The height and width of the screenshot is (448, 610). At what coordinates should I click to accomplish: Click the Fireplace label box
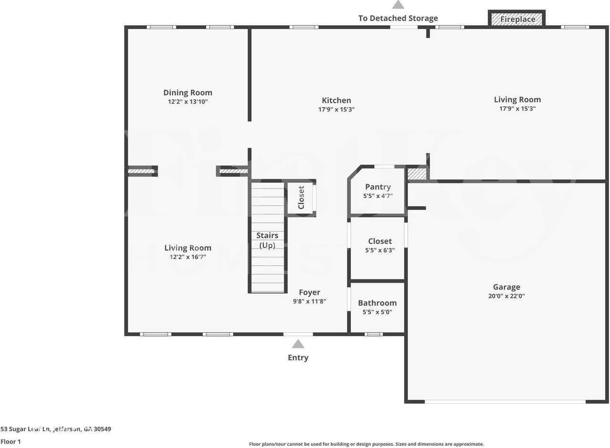(x=517, y=19)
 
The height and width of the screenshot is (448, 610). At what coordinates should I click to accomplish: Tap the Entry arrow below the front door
(x=298, y=344)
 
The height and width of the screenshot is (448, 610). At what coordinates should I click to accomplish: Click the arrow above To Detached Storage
(x=398, y=5)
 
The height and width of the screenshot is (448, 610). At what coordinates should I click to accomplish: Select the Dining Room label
(x=188, y=92)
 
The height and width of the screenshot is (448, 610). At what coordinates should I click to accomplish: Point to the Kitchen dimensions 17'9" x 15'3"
(x=336, y=110)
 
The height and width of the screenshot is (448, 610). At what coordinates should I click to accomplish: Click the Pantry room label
(x=378, y=187)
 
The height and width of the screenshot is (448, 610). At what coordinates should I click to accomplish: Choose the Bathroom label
(x=377, y=303)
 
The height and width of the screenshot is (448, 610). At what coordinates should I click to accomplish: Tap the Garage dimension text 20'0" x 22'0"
(x=506, y=296)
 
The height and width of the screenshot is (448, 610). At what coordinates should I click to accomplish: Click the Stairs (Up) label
(x=267, y=240)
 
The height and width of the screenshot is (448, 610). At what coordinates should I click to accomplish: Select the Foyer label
(x=309, y=292)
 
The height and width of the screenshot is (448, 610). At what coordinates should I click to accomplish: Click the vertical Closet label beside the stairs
(x=301, y=197)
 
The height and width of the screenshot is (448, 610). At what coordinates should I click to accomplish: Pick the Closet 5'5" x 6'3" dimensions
(x=380, y=250)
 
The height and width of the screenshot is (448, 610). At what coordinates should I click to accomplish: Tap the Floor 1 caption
(x=10, y=442)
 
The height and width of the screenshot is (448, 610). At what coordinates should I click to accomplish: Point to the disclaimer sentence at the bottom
(x=366, y=444)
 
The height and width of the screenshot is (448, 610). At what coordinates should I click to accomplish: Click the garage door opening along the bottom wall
(x=505, y=402)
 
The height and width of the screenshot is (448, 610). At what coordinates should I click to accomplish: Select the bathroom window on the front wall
(x=374, y=334)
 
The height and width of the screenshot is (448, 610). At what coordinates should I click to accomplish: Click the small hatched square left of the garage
(x=417, y=174)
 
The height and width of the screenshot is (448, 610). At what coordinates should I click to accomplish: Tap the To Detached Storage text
(x=398, y=18)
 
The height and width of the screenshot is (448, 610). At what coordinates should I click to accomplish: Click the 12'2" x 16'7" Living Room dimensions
(x=188, y=257)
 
